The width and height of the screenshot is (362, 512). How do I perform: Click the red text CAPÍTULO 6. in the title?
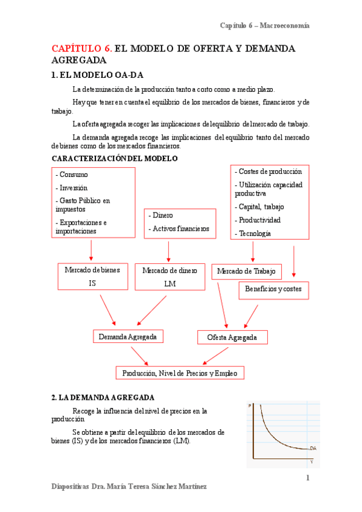point(81,48)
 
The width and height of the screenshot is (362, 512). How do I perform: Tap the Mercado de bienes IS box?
point(92,276)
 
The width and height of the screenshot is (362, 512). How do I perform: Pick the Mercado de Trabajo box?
point(247,272)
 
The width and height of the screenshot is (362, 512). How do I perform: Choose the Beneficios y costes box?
point(273,289)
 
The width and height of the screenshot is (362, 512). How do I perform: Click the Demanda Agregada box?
point(128,337)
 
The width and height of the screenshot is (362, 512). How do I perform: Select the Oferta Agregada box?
point(232,337)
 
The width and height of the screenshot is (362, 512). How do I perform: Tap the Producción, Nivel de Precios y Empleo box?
point(180,373)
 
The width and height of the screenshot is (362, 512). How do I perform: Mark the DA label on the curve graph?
point(313,448)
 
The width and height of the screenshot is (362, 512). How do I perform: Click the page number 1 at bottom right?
point(307,478)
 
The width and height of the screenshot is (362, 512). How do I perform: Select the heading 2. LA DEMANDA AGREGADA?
point(103,397)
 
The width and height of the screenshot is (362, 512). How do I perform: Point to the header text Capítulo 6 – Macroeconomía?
point(264,25)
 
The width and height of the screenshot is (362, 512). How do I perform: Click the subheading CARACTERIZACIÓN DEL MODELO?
point(115,158)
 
